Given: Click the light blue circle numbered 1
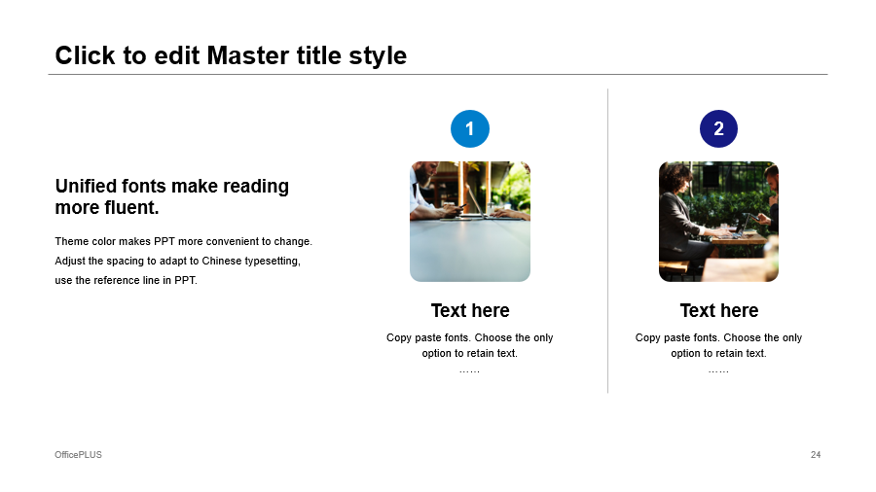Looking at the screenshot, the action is point(470,129).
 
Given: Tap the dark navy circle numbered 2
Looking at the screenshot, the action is point(718,129).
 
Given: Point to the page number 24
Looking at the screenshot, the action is point(816,455).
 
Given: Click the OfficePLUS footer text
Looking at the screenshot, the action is point(78,455).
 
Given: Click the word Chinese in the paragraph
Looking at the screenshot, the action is point(221,261).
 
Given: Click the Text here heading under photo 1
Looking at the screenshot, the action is point(470,310).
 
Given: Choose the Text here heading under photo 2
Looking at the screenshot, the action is point(719,310).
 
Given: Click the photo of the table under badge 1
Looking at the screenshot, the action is point(470,222).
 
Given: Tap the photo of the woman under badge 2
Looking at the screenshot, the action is point(718,222).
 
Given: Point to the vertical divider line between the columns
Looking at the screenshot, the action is point(607,240).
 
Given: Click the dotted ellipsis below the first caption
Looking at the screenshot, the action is point(469,371).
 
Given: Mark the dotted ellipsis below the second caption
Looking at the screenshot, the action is point(718,371).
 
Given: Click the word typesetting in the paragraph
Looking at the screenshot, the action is point(273,262).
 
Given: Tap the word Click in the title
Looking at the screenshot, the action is point(85,55).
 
